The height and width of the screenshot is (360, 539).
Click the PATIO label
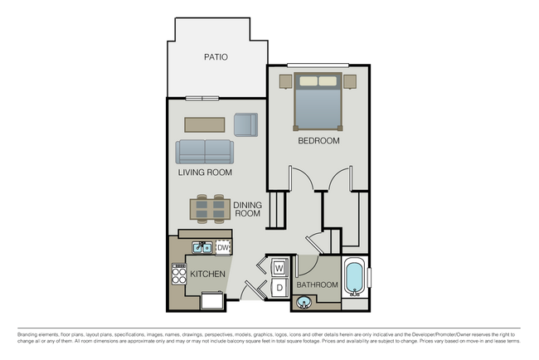coord(216,57)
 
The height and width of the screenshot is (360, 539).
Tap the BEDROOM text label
coord(319,141)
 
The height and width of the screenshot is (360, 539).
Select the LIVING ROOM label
coord(205,173)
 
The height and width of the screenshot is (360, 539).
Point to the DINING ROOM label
coord(247,209)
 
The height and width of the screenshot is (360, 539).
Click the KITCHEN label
coord(207,274)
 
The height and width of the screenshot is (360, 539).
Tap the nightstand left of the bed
coord(286,81)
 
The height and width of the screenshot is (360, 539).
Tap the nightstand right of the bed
coord(350,81)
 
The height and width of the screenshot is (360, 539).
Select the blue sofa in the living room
coord(205,152)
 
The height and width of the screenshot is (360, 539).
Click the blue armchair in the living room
coord(245,124)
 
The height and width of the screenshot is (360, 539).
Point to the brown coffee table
coord(204,124)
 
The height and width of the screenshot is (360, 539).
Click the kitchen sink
coord(202,247)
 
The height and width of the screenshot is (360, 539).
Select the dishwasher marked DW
coord(222,247)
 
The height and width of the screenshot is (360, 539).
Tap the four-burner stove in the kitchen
coord(179,274)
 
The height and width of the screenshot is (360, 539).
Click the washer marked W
coord(279,268)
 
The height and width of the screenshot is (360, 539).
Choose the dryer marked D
coord(279,287)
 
